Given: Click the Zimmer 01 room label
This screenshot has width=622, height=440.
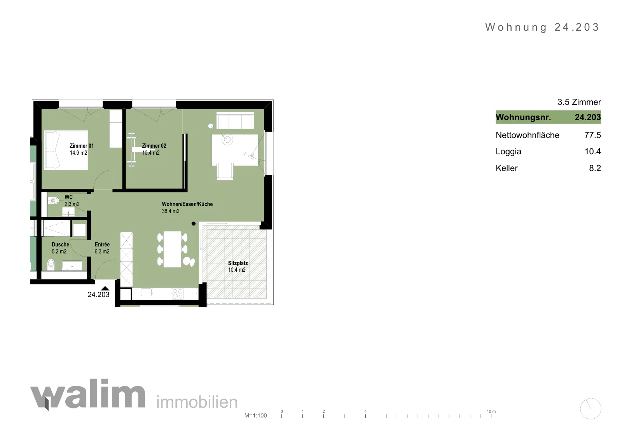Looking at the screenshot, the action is click(82, 146).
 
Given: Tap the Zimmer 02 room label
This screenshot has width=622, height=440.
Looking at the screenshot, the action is click(154, 146).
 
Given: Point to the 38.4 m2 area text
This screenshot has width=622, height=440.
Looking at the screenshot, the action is click(171, 211).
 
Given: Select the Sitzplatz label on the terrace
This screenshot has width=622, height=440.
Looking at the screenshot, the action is click(238, 263).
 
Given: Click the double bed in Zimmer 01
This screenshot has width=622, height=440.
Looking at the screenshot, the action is click(66, 150).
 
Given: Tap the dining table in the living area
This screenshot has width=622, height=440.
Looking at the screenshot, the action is click(173, 249).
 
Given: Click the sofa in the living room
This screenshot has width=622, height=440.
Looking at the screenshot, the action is click(235, 120).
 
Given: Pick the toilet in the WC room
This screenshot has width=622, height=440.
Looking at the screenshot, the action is click(53, 200).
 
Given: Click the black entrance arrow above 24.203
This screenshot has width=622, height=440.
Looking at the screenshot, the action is click(105, 288).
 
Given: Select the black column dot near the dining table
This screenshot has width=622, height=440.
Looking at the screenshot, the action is click(194, 223).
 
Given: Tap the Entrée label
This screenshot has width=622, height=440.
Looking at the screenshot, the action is click(102, 244).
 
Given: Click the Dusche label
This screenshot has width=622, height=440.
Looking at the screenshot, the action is click(60, 244).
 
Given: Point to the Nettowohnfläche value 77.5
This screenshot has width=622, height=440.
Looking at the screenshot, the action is click(592, 135).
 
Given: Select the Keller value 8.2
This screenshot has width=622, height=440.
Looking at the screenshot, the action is click(595, 168).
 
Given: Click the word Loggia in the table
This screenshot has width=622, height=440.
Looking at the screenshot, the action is click(508, 152).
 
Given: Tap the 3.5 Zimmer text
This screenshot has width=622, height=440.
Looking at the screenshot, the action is click(579, 102).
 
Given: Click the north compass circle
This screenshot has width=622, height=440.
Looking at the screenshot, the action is click(591, 409).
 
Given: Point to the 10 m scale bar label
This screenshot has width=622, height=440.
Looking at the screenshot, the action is click(491, 411).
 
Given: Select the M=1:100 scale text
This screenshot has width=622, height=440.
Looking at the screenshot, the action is click(255, 416).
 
